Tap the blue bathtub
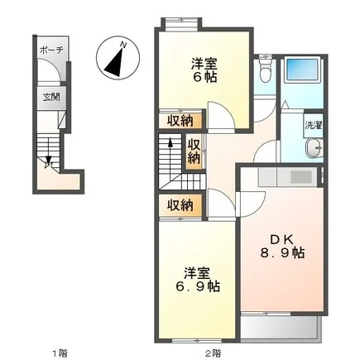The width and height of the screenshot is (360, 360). click(x=302, y=70)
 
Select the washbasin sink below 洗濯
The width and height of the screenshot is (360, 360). click(x=314, y=148)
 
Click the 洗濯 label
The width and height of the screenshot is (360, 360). click(x=314, y=125)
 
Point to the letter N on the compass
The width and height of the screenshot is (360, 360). click(x=124, y=45)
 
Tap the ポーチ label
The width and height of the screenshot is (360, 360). click(x=51, y=50)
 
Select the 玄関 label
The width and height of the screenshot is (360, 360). click(x=51, y=97)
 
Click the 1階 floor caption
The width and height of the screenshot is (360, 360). click(x=60, y=353)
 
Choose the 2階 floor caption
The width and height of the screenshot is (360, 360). click(x=213, y=353)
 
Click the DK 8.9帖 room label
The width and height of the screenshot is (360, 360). click(x=282, y=247)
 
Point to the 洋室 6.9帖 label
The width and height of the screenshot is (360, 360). click(x=198, y=280)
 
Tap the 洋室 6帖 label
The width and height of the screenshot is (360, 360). click(x=204, y=70)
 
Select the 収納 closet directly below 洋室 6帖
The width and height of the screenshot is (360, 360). click(x=181, y=121)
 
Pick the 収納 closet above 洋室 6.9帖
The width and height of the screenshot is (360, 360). click(x=181, y=205)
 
